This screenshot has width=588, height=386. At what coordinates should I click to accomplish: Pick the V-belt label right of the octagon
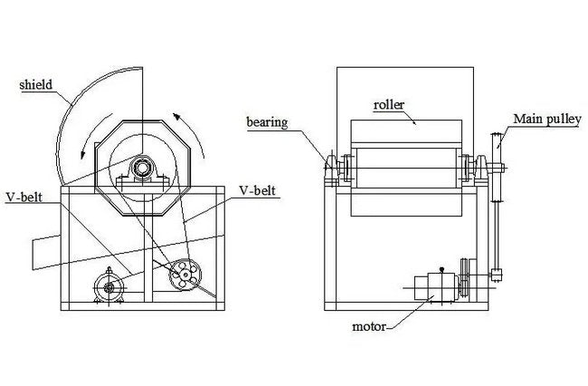point(257,191)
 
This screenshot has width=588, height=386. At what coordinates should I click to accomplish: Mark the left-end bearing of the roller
point(333,169)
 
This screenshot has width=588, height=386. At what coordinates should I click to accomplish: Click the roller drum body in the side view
point(405,169)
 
